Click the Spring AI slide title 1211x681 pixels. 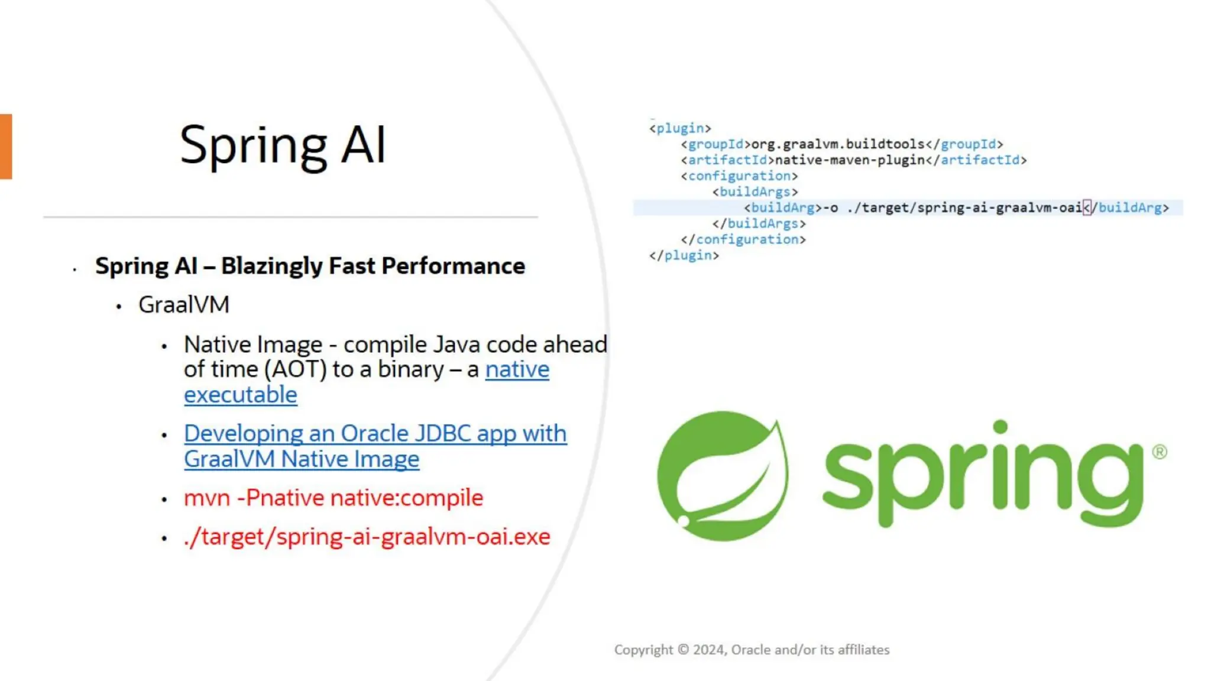pos(283,145)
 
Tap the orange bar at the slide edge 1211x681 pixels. pos(6,147)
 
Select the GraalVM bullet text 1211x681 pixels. pos(184,305)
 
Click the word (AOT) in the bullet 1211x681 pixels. pos(295,369)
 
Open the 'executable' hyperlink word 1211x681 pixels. pos(240,395)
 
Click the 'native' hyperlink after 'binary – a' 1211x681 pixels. pos(517,369)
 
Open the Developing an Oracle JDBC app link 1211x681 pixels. pos(375,434)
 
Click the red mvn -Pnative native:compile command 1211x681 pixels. pos(333,498)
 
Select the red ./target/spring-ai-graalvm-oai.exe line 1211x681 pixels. pos(367,537)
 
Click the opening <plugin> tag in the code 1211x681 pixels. pos(680,128)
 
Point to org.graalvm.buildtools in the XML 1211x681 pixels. pos(837,144)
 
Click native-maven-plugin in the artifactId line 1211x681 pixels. pos(849,160)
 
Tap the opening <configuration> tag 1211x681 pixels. pos(739,176)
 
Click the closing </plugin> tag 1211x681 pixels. pos(684,255)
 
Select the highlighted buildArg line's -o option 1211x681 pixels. pos(831,208)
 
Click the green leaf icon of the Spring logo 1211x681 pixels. pos(723,476)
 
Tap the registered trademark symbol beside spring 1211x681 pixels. pos(1159,452)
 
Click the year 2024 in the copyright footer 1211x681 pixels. pos(709,650)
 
